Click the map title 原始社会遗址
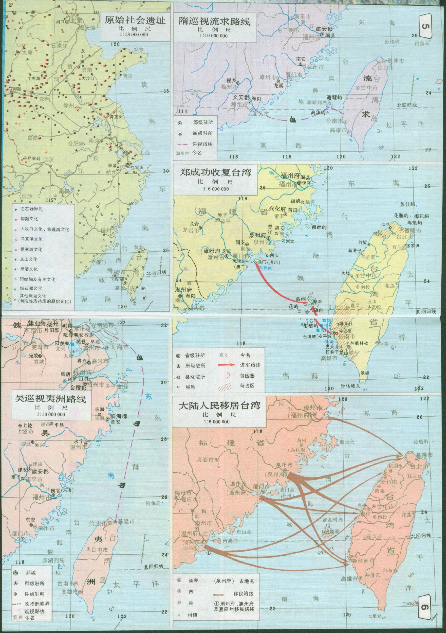[x=135, y=20]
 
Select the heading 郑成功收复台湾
[x=216, y=173]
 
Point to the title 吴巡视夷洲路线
[x=50, y=398]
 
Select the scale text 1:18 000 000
[x=134, y=35]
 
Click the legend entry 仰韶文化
[x=29, y=219]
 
